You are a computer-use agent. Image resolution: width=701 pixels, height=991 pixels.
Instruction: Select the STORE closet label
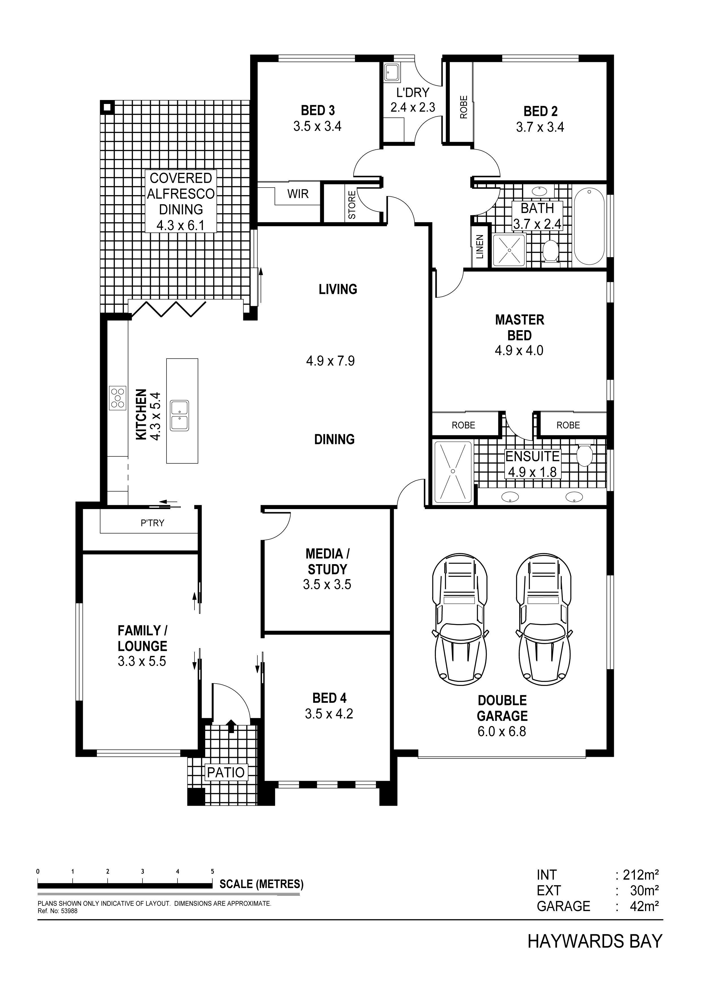coord(352,205)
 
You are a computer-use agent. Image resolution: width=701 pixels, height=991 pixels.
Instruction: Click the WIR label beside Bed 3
coord(298,194)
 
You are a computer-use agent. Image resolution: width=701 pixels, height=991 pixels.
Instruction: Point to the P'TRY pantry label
coord(152,523)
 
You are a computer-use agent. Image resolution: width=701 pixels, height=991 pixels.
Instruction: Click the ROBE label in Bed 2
coord(464,107)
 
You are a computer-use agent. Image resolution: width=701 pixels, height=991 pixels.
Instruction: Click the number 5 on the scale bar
coord(212,872)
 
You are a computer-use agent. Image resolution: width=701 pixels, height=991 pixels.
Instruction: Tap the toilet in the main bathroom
coord(550,252)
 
